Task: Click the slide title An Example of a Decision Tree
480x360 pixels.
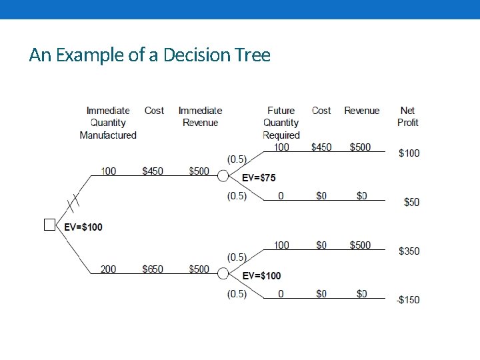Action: click(x=150, y=55)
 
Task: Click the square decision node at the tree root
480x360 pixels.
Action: click(x=49, y=225)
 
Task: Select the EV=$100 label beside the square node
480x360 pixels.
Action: click(x=83, y=227)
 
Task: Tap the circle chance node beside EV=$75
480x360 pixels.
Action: click(x=223, y=175)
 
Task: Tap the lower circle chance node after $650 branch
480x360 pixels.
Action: click(x=223, y=273)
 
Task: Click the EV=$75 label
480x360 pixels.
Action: click(x=259, y=178)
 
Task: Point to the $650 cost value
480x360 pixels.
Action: click(x=153, y=269)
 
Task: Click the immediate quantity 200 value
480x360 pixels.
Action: click(x=108, y=269)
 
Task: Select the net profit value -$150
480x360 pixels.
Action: click(x=407, y=300)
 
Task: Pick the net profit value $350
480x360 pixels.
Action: click(x=409, y=251)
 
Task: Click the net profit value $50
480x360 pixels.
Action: click(x=411, y=202)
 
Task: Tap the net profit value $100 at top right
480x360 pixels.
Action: click(x=409, y=153)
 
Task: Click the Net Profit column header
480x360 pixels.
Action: click(x=408, y=117)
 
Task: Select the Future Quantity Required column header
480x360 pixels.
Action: click(x=281, y=123)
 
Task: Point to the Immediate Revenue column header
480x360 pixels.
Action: click(x=200, y=117)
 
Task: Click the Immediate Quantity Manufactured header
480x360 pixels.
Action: click(x=108, y=123)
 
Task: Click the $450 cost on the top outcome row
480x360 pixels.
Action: click(x=321, y=147)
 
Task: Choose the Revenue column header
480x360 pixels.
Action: click(x=361, y=111)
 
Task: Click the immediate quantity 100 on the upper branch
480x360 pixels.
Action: click(x=108, y=171)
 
